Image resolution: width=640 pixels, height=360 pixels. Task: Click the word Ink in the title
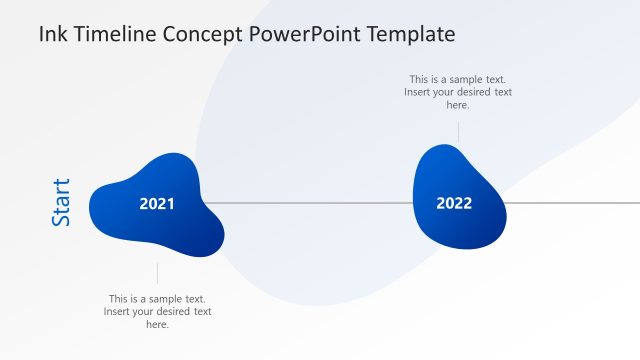[x=52, y=34]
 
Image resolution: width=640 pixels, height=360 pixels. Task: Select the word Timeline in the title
[x=109, y=34]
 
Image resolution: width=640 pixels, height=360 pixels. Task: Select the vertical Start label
[x=61, y=202]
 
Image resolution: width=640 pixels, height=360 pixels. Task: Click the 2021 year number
[x=157, y=204]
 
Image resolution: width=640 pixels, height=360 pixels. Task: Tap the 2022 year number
[x=454, y=203]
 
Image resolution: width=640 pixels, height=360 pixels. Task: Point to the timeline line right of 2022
[x=575, y=203]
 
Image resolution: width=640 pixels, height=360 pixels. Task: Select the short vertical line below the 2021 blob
[x=157, y=273]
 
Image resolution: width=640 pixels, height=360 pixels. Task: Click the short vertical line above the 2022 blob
[x=458, y=132]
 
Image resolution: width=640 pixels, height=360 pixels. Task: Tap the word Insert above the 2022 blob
[x=420, y=92]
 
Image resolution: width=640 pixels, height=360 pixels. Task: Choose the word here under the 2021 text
[x=157, y=325]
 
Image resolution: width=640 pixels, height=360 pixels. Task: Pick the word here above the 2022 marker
[x=458, y=105]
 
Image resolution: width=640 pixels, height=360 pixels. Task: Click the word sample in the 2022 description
[x=465, y=79]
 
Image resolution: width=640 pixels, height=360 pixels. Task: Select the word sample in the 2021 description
[x=164, y=299]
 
